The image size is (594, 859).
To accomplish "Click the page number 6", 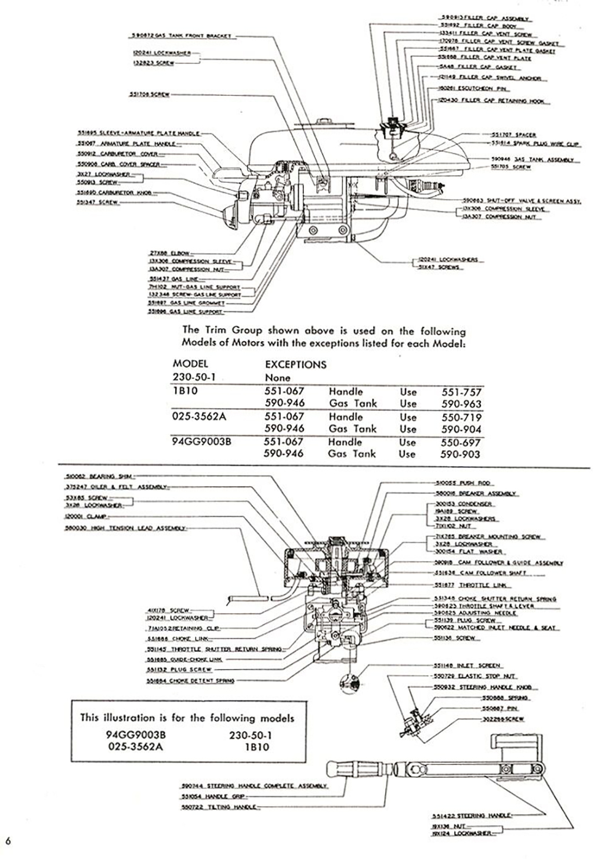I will pos(8,840).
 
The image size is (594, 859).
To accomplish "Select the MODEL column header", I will pos(190,364).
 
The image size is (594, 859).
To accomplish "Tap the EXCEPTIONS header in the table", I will pos(295,365).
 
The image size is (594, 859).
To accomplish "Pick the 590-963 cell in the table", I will pos(461,404).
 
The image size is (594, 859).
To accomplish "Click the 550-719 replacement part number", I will pos(461,417).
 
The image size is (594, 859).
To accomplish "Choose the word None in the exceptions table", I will pos(277,377).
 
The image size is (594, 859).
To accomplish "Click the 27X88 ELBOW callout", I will pos(166,253).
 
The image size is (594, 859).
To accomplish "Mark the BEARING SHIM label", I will pos(90,477).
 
